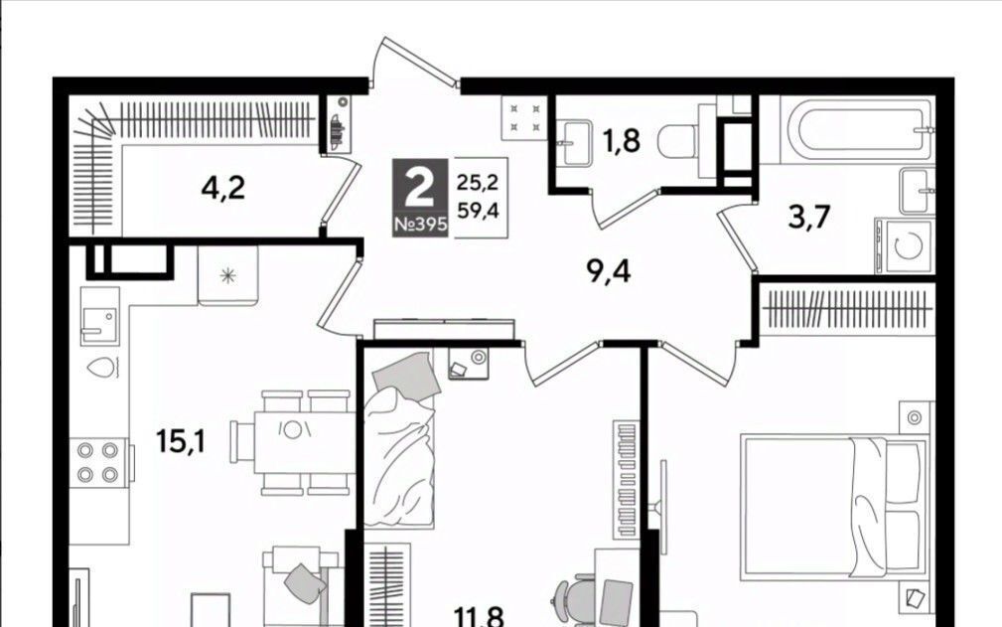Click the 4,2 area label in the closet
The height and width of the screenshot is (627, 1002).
point(223,188)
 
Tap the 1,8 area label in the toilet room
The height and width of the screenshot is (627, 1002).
point(622,141)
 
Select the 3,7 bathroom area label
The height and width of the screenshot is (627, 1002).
point(809,218)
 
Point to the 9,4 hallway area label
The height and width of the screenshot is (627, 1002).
point(609,271)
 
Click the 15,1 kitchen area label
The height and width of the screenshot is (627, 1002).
point(181,441)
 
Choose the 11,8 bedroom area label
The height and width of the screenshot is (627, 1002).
point(480,617)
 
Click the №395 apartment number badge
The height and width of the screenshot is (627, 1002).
point(421,225)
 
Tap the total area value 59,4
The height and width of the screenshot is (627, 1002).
point(478,210)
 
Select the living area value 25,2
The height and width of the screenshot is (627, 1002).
point(478,184)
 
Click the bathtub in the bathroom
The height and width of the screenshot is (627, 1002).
point(856,132)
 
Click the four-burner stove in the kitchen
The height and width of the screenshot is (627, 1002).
point(98,461)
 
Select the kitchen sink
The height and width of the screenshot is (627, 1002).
point(99,316)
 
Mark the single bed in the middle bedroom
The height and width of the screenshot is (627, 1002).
point(400,441)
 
